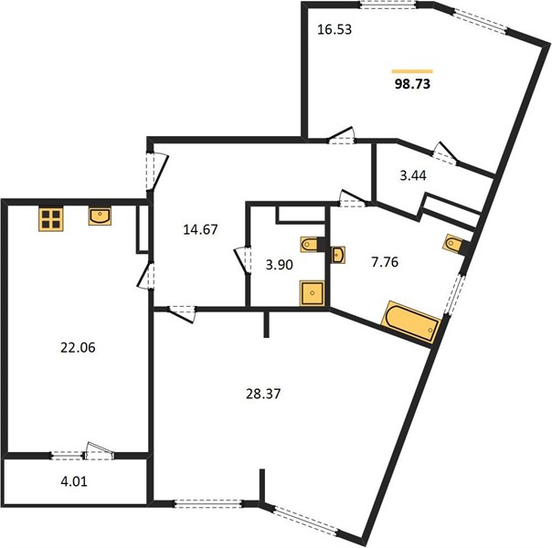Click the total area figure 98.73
coord(412,84)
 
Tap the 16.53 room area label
coord(334,29)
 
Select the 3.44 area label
coord(413,175)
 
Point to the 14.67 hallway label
coord(200,229)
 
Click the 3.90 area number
coord(279,265)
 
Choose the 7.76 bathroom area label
coord(385,262)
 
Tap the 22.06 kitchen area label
coord(78,348)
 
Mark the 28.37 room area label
coord(263,394)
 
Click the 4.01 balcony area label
coord(74,481)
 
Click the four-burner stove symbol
coord(51,219)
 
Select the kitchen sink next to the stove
coord(100,216)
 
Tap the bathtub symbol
coord(411,321)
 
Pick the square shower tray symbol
coord(312,293)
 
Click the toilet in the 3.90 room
coord(310,244)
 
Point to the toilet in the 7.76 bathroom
coord(454,243)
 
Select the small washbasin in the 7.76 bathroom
coord(338,255)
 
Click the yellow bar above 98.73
coord(412,71)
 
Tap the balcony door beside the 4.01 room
coord(100,451)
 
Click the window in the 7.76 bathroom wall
coord(454,295)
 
